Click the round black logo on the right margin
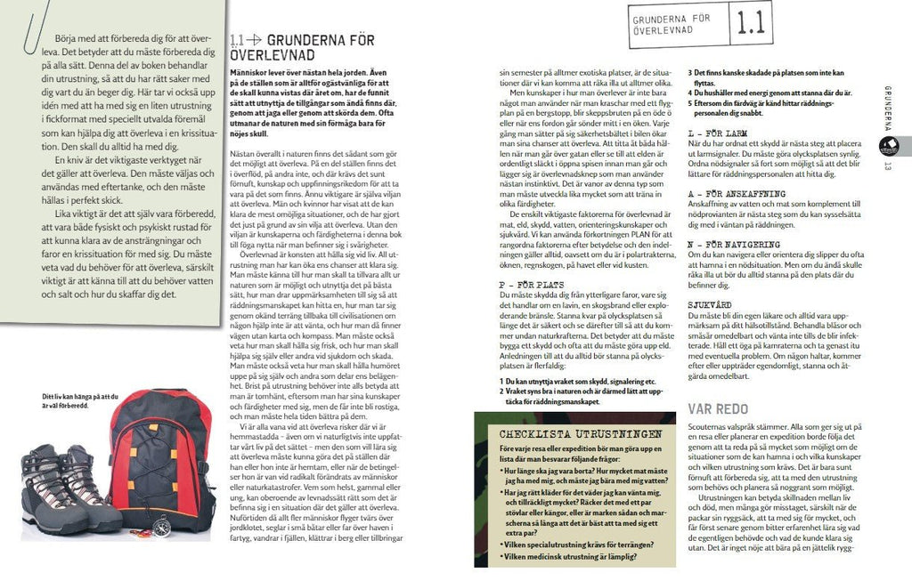[888, 145]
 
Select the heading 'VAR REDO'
[723, 408]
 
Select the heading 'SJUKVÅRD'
[710, 303]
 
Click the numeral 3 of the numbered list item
[689, 73]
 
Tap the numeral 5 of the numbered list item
[689, 103]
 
